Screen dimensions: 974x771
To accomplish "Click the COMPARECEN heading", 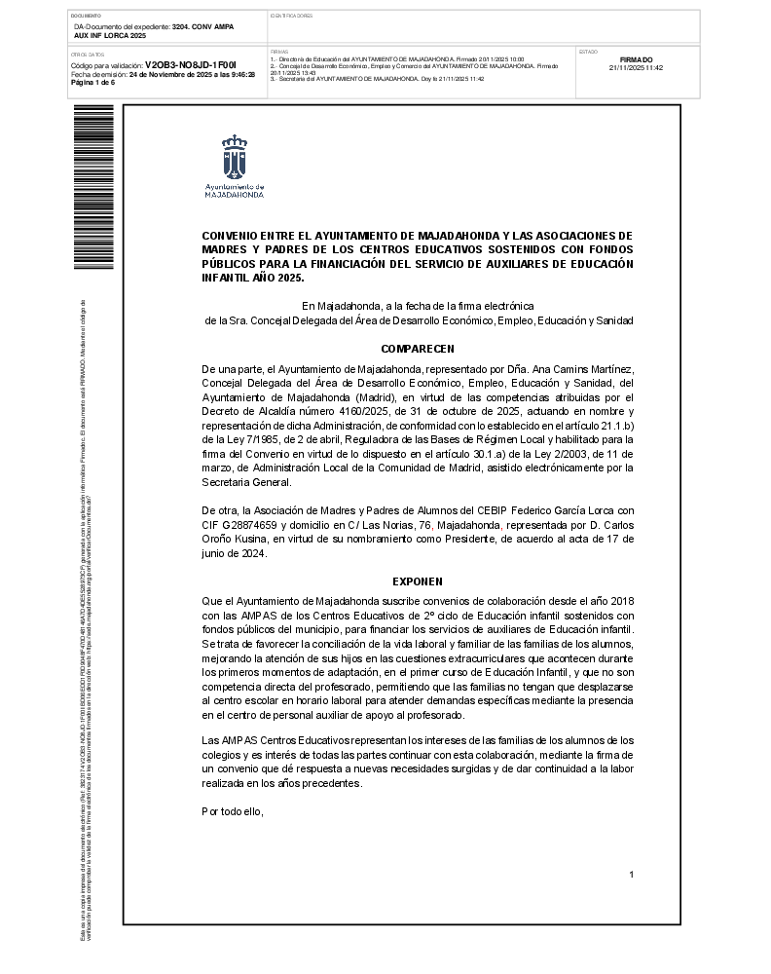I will coord(417,349).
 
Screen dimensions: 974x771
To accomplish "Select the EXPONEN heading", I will coord(417,581).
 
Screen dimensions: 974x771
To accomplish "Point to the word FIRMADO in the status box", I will coord(636,59).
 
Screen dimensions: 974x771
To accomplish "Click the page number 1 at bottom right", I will coord(631,875).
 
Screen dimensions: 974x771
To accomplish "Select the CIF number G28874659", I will coord(243,525).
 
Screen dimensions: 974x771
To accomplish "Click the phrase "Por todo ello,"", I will coord(233,811).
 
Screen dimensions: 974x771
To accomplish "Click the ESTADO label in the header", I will coord(588,49).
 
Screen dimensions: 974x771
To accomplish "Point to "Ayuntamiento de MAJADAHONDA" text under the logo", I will coord(235,190).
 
